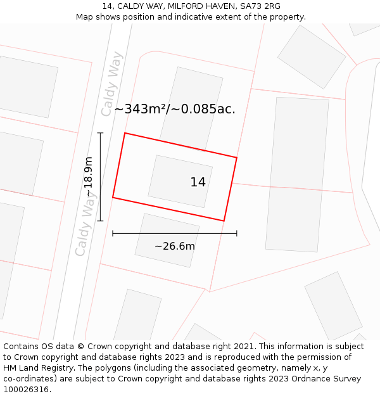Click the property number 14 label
[198, 182]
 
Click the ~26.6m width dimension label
[175, 246]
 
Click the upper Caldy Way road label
[111, 84]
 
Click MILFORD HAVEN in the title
[195, 6]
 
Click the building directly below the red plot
[167, 240]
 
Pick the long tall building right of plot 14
[297, 174]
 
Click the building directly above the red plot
[191, 105]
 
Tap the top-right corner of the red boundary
[237, 157]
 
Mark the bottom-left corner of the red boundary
[113, 198]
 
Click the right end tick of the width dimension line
[237, 233]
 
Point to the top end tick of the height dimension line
[100, 133]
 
